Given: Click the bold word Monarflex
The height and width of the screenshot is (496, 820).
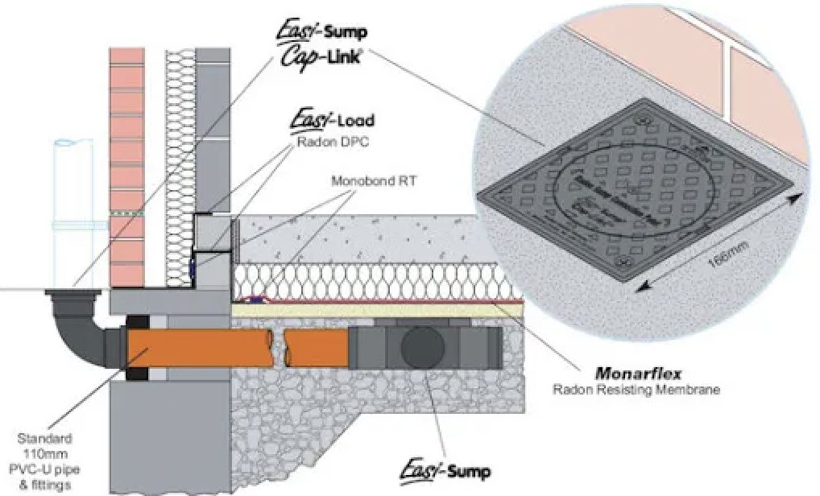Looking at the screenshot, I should (x=636, y=373).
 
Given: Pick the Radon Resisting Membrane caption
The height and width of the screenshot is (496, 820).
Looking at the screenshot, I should (x=636, y=391).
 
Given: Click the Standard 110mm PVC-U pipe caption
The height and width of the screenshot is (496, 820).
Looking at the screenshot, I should (x=46, y=461).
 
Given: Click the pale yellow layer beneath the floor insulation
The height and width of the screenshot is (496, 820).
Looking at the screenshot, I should (x=379, y=310).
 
